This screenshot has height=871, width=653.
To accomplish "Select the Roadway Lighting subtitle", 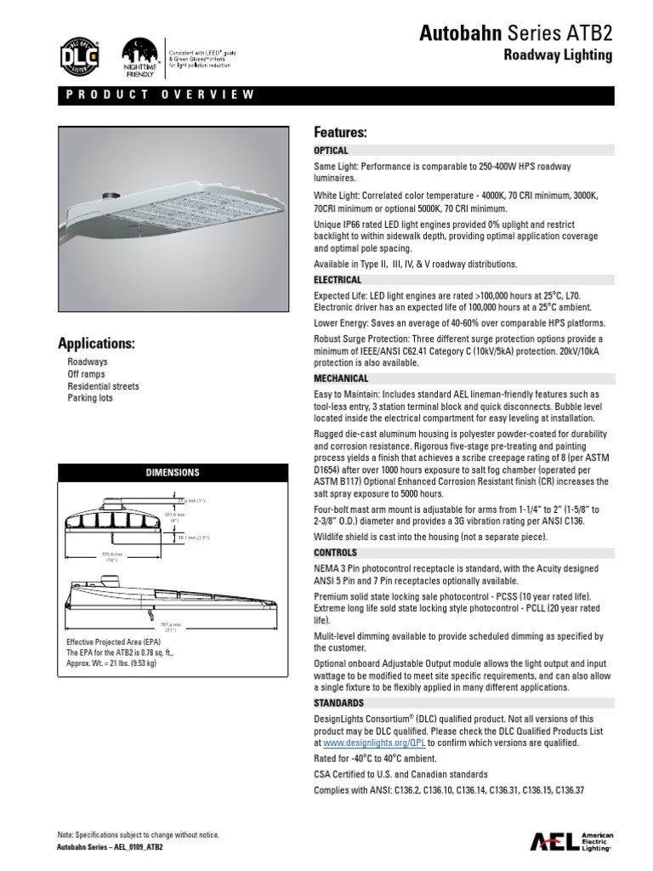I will (558, 56).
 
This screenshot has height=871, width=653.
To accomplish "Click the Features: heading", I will (340, 133).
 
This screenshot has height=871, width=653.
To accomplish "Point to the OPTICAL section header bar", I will (463, 151).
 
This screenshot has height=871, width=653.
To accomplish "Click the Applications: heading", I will (96, 344).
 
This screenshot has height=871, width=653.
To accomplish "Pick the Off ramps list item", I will (86, 374).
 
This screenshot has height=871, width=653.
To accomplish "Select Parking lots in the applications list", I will (89, 398).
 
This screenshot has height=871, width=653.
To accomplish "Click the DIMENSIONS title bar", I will (173, 472).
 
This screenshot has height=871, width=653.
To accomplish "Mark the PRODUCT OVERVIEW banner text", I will (161, 94).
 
